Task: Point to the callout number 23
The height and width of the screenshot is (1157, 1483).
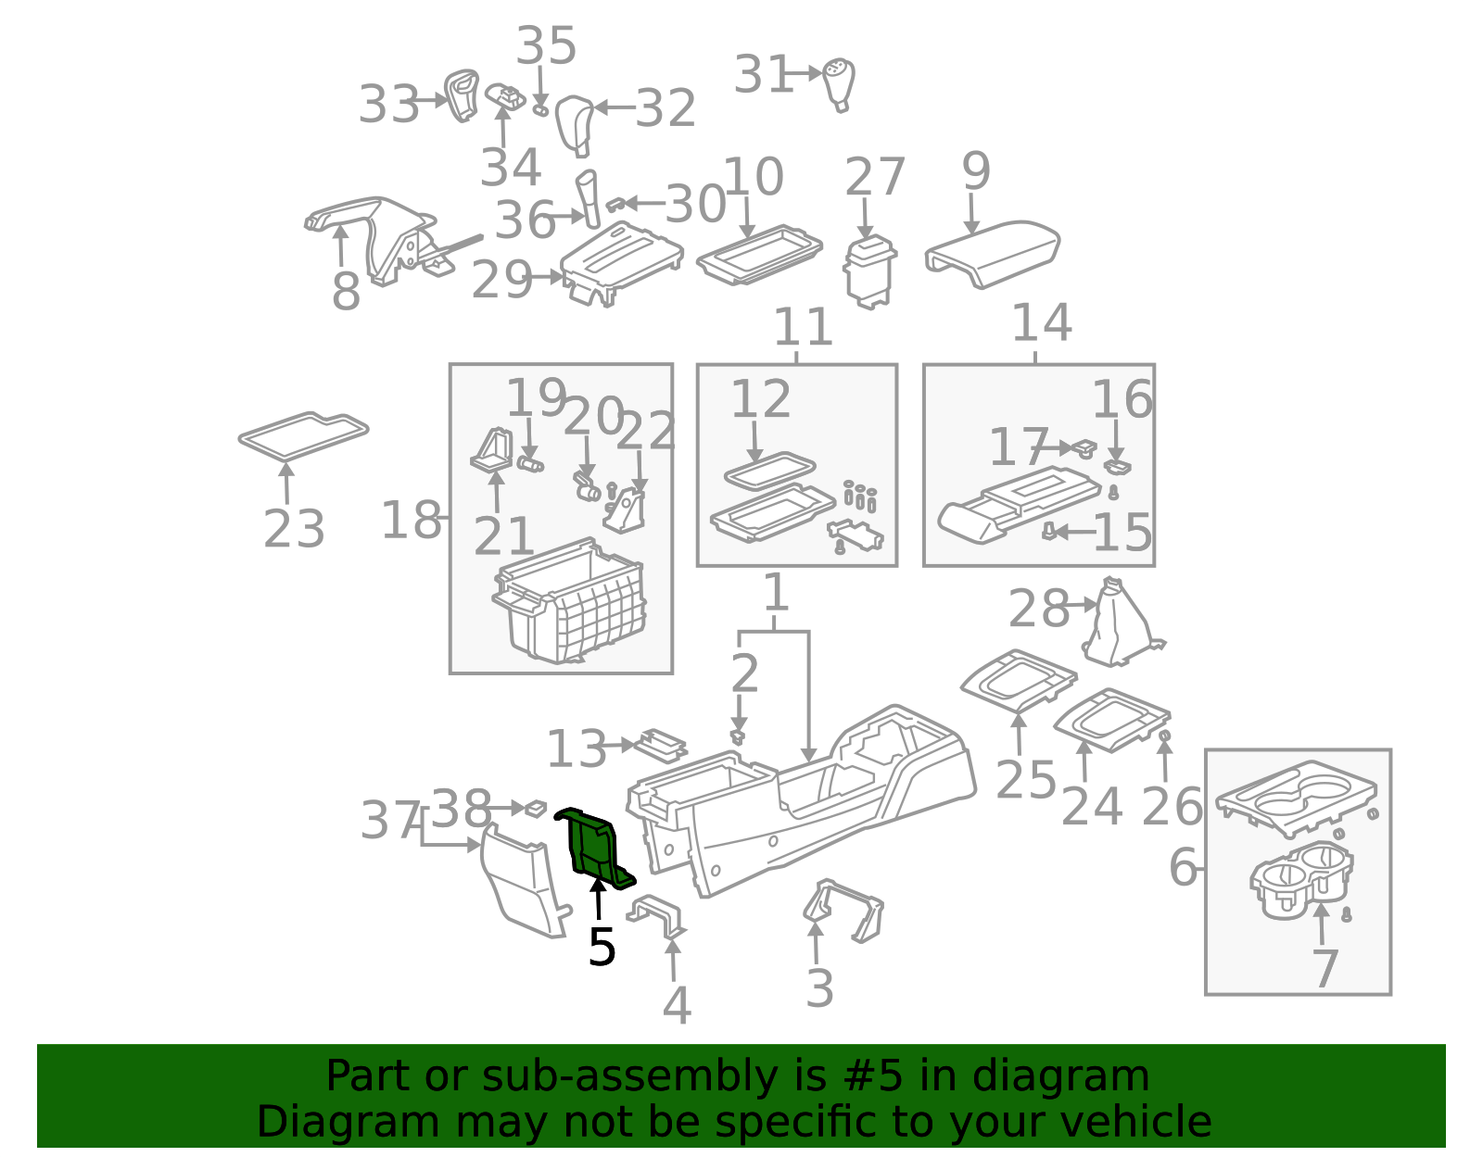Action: point(294,528)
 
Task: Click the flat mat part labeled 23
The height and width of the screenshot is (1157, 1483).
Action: point(304,436)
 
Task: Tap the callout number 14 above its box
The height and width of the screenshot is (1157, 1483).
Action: point(1042,321)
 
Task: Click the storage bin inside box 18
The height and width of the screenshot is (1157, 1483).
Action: point(569,601)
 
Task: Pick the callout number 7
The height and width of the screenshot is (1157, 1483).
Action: point(1325,968)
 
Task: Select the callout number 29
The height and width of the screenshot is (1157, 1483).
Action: point(501,280)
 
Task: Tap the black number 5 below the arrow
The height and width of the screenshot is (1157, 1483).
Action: point(602,947)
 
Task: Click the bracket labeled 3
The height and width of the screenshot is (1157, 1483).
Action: point(843,911)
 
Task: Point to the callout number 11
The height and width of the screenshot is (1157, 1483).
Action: point(804,327)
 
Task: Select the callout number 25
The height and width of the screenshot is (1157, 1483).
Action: point(1026,779)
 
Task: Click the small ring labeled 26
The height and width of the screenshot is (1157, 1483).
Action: point(1165,736)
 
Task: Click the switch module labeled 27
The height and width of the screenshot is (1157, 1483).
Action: point(869,271)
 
